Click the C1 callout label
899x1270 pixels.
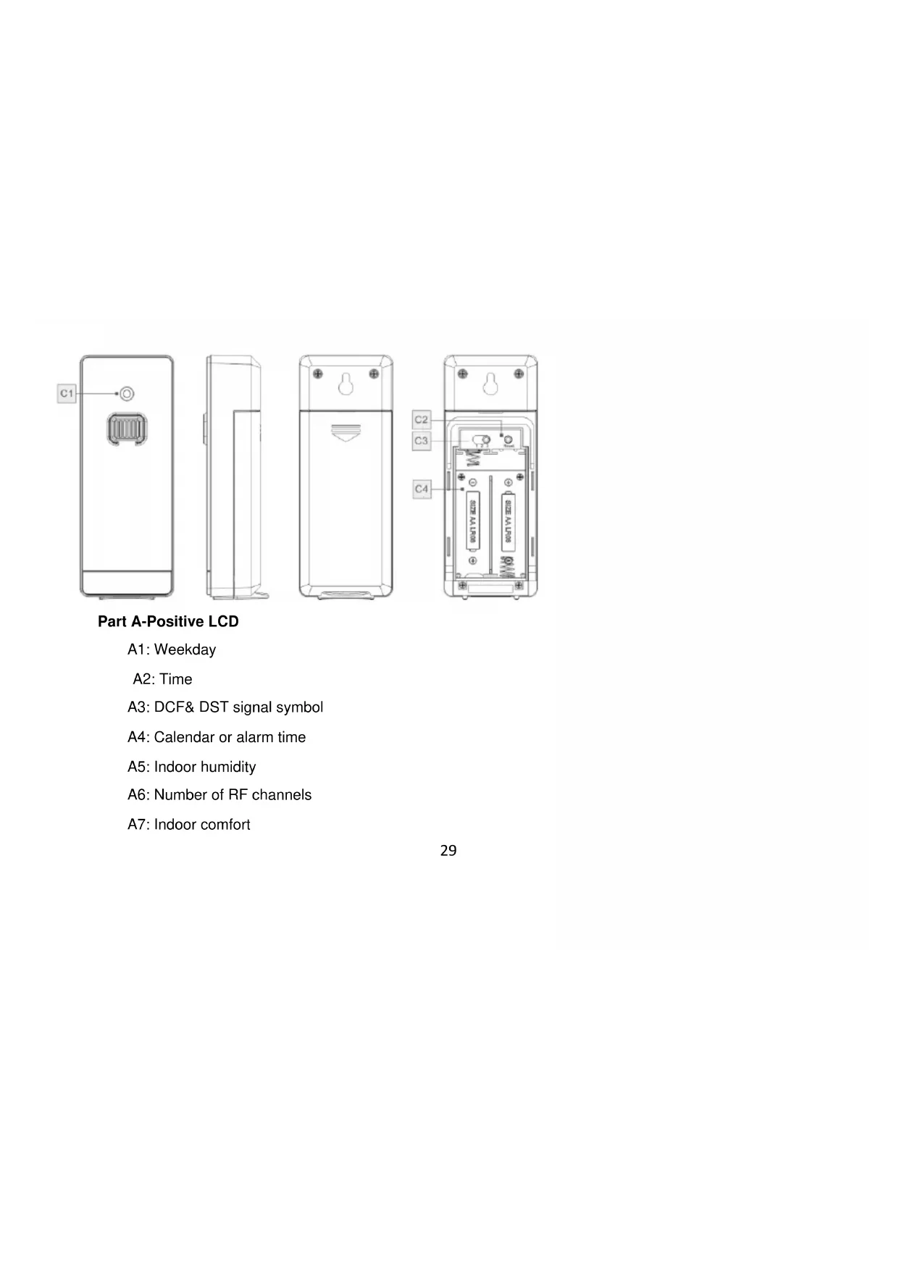coord(67,393)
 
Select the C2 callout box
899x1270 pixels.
coord(421,419)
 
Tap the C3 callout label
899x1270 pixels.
coord(421,440)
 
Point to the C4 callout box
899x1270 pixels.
coord(421,489)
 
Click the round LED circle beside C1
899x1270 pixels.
coord(127,393)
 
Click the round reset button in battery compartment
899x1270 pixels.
coord(509,440)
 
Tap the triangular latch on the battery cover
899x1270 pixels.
coord(346,433)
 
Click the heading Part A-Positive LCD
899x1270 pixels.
coord(168,622)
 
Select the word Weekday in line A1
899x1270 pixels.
coord(185,650)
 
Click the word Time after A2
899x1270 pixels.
coord(176,680)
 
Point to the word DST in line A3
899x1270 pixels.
coord(214,707)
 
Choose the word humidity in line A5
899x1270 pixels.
coord(228,768)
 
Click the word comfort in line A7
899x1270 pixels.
coord(226,825)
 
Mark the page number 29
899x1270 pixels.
coord(448,851)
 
